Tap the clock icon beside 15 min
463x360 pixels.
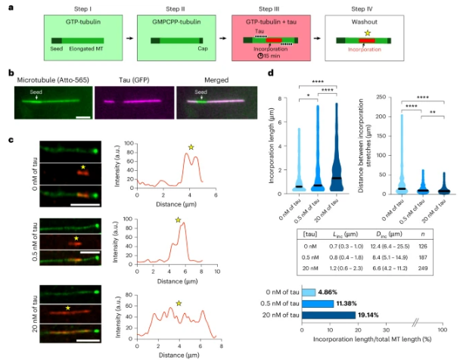[x=261, y=55]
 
